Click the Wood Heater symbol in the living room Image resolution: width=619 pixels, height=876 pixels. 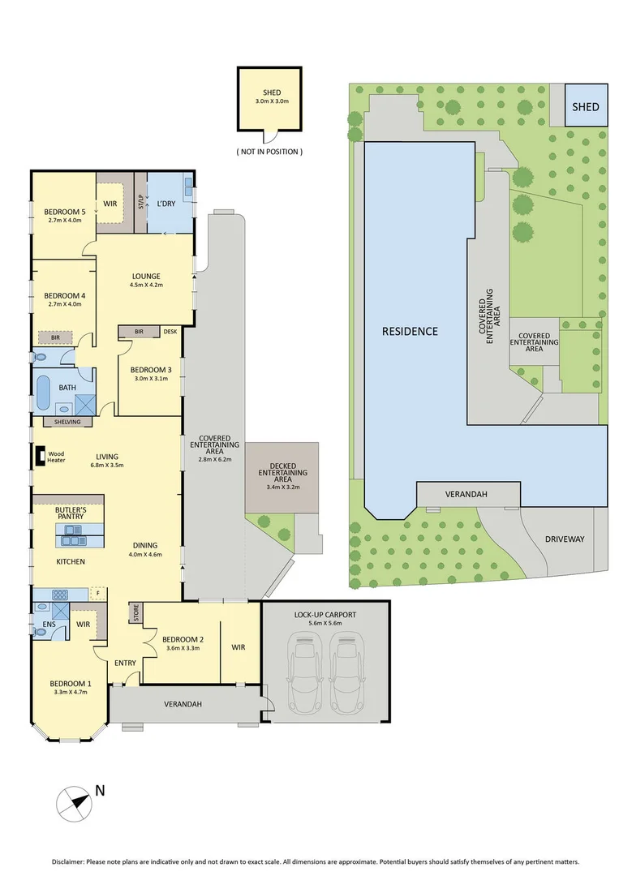pyautogui.click(x=40, y=457)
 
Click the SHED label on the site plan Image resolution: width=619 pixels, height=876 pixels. pyautogui.click(x=585, y=107)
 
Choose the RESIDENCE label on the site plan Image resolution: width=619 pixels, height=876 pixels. pyautogui.click(x=410, y=331)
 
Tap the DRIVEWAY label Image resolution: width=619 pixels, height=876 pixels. pyautogui.click(x=565, y=539)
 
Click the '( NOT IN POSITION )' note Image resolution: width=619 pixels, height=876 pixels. pyautogui.click(x=269, y=152)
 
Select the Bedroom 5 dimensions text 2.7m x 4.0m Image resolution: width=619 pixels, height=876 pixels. pyautogui.click(x=64, y=220)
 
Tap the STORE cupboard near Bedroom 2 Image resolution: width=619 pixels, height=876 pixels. pyautogui.click(x=135, y=613)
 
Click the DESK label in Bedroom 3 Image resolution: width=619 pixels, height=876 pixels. pyautogui.click(x=170, y=331)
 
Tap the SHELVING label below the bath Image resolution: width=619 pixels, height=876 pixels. pyautogui.click(x=67, y=421)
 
